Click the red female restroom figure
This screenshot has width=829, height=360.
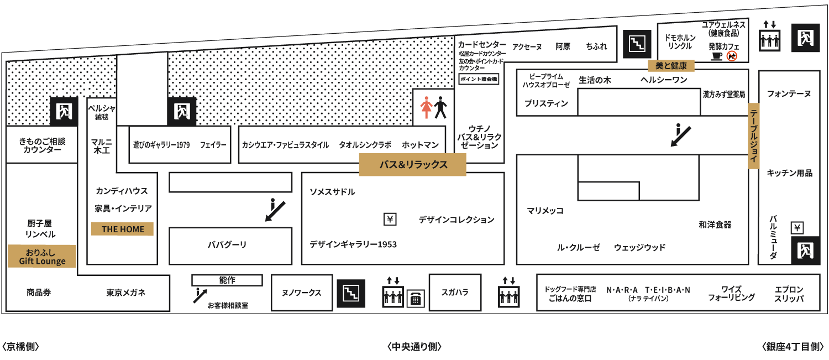[426, 107]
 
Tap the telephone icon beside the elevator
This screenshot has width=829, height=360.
[416, 299]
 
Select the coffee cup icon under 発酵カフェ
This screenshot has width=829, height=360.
[717, 56]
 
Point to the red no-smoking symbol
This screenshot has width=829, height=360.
[732, 56]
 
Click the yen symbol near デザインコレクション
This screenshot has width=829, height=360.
[390, 219]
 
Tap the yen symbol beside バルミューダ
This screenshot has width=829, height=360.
[797, 227]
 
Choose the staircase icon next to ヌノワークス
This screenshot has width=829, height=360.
[351, 293]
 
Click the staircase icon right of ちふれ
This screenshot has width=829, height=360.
[637, 44]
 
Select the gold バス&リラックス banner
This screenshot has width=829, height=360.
[413, 164]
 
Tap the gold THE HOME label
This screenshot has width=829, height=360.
[123, 229]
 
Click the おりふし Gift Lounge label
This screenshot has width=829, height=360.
[42, 256]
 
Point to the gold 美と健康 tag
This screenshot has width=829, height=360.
[671, 66]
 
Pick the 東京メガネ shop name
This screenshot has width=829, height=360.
[126, 293]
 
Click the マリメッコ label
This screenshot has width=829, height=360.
[545, 211]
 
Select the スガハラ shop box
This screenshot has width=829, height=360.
[455, 293]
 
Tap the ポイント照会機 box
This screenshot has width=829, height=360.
[479, 79]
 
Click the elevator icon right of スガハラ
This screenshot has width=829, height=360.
[509, 293]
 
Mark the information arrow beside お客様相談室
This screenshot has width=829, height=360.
[200, 295]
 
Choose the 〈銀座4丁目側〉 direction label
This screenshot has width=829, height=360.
[793, 347]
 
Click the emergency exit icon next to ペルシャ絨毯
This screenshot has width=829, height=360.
[64, 112]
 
